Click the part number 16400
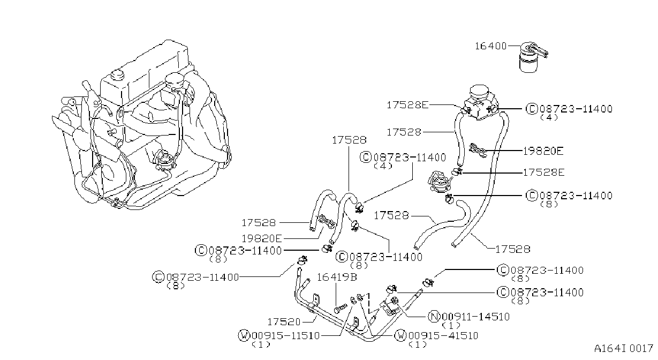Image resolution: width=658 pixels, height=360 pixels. (491, 46)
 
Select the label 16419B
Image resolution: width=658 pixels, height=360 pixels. (337, 277)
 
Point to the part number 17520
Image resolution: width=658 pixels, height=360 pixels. (284, 322)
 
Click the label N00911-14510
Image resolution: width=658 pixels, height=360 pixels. (469, 317)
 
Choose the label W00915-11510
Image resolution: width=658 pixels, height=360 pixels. (279, 335)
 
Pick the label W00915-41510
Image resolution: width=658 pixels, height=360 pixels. (436, 335)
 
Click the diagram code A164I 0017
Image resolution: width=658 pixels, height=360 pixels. (623, 349)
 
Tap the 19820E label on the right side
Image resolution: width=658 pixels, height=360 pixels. (543, 151)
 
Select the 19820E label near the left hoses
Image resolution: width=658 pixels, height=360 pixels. (261, 238)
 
